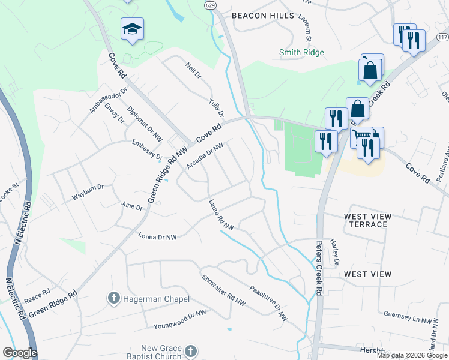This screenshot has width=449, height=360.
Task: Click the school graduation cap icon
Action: (132, 28)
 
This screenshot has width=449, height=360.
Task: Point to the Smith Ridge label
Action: (301, 52)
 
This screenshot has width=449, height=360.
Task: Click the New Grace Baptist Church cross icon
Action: (190, 351)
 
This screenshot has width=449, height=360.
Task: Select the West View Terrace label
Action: (367, 220)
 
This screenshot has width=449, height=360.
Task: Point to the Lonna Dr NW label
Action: (157, 238)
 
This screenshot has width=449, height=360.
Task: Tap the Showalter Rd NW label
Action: (224, 289)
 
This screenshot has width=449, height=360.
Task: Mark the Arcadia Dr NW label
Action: (205, 155)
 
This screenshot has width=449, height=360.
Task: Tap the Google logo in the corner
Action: (20, 353)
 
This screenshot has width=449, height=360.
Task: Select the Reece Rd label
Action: (37, 296)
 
